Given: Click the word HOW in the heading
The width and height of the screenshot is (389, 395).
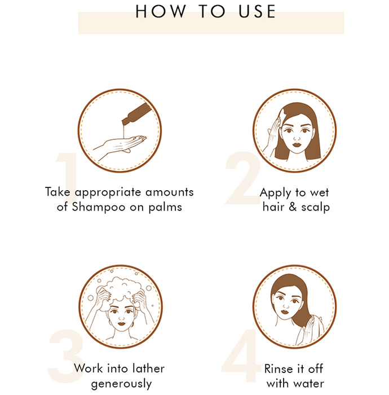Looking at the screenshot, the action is tap(161, 12).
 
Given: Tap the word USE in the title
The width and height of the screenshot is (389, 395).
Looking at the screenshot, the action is tap(257, 12).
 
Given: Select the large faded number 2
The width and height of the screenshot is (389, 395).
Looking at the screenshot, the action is tap(243, 178).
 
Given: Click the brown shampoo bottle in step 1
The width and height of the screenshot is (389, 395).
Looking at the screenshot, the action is tap(136, 114).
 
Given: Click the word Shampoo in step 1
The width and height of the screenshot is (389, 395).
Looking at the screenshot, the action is tap(99, 207).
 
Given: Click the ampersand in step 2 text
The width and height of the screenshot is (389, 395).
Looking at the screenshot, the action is tap(293, 207).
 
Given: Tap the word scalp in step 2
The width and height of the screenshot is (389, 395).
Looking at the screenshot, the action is tap(315, 207).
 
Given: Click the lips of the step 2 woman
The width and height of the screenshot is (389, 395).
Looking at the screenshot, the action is tap(297, 145).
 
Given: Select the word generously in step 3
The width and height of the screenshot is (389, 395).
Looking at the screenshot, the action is tap(121, 384).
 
